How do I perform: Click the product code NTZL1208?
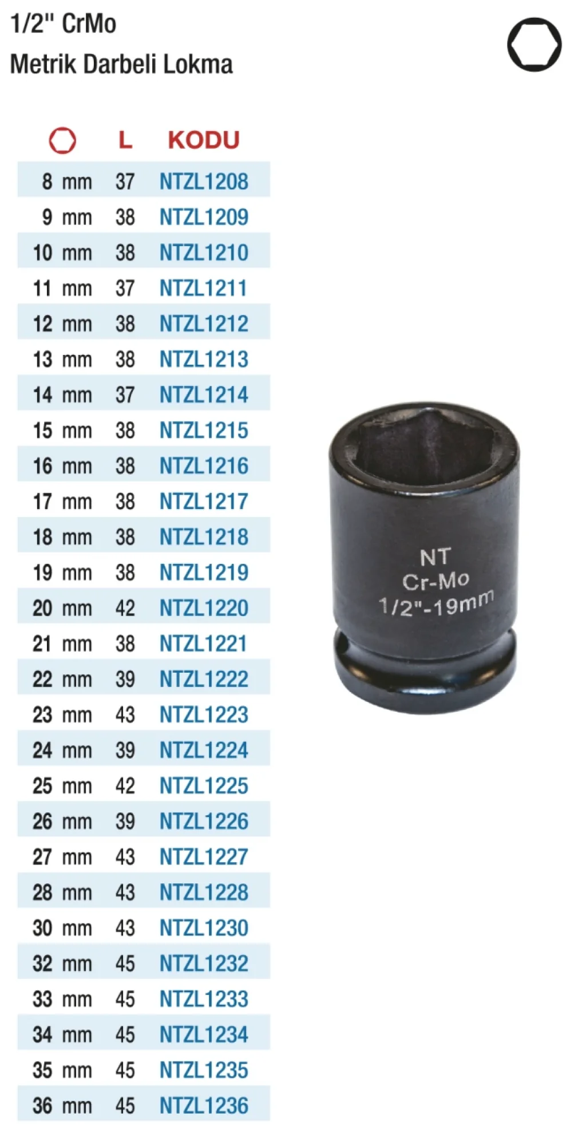point(204,181)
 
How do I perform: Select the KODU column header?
point(204,140)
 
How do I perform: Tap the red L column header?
point(125,140)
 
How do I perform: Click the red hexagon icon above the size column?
point(62,140)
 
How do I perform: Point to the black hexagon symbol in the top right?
point(534,45)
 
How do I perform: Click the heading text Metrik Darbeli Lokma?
point(121,64)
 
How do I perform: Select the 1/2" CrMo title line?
point(64,23)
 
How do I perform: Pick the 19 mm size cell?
point(62,573)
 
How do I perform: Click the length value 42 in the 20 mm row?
point(125,608)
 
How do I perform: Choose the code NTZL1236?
point(204,1106)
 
